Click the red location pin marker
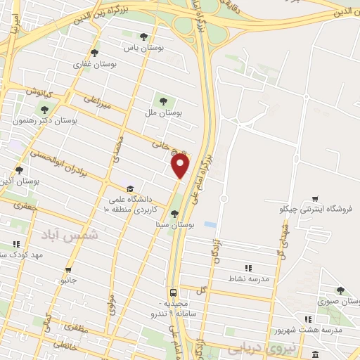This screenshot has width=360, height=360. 181,165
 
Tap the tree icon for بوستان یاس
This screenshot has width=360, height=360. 143,37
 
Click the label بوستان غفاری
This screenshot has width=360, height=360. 90,64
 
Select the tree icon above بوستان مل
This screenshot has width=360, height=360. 165,100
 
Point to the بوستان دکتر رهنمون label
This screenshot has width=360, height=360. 44,120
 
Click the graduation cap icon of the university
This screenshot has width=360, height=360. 129,189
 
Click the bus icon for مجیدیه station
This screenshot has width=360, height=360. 172,292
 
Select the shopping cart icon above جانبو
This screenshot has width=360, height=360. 68,269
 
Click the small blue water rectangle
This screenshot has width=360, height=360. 210,225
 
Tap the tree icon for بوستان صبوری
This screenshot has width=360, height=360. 340,290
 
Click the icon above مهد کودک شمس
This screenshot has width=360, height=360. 15,244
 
